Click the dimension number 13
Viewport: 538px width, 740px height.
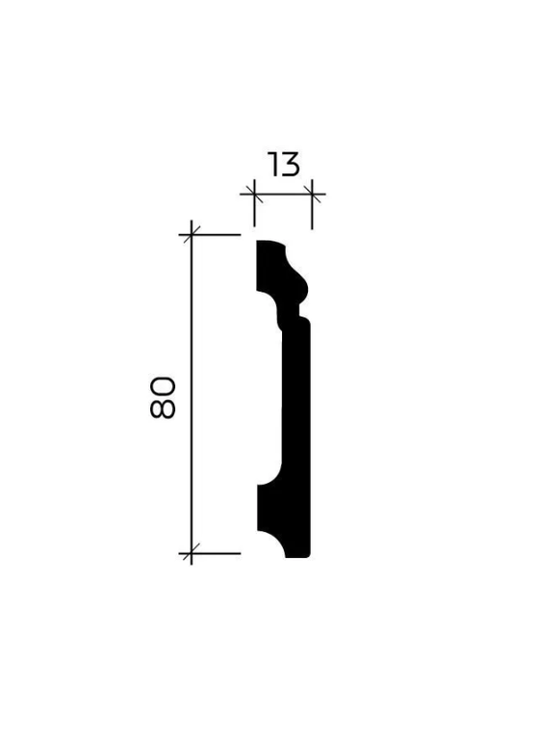[283, 164]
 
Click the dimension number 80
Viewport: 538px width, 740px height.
[163, 397]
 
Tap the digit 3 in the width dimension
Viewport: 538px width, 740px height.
[290, 164]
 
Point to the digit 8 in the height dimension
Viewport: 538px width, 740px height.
[163, 409]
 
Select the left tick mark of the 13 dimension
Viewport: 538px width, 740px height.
[255, 194]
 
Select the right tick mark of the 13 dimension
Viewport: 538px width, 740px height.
[312, 194]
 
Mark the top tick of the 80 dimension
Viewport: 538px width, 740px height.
[192, 234]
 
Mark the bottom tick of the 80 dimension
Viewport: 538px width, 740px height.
[192, 553]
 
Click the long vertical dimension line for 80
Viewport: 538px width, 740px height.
[192, 393]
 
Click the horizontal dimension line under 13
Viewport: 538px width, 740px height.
[283, 194]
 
